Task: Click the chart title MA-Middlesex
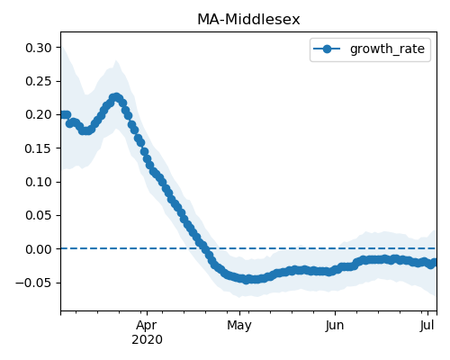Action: pos(248,20)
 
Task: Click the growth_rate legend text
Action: pos(387,49)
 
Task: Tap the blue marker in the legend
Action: pos(327,49)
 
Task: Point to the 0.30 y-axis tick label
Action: pos(39,48)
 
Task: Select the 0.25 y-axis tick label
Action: pos(39,81)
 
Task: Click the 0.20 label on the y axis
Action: pos(39,114)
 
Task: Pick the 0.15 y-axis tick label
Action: pos(39,148)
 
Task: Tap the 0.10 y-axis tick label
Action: pos(39,182)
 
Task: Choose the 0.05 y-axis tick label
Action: pos(39,215)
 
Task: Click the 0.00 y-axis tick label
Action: pos(39,249)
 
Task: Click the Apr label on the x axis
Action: pos(147,326)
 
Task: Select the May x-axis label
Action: pos(239,326)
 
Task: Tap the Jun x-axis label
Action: pos(335,326)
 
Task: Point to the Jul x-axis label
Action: pos(427,326)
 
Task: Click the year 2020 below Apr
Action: pos(147,340)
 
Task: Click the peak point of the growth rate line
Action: pos(116,97)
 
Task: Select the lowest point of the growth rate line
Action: pos(246,280)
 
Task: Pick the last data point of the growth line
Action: pos(434,263)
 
